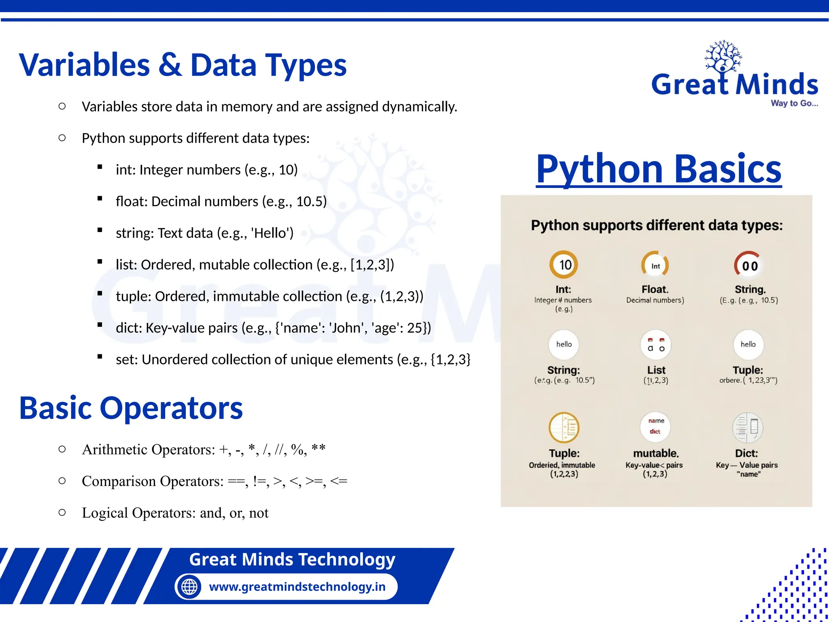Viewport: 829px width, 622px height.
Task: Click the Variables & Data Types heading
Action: coord(183,65)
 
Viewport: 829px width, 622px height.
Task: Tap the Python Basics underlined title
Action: coord(659,169)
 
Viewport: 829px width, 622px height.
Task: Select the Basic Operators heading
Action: coord(131,408)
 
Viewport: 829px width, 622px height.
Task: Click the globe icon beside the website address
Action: coord(189,586)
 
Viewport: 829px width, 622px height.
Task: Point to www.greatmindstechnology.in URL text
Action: coord(297,586)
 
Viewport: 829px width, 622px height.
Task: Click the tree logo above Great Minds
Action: coord(723,56)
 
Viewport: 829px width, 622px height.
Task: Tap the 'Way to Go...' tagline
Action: coord(794,103)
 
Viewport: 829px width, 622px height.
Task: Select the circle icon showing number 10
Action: coord(563,265)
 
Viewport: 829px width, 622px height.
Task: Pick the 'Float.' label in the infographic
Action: coord(655,289)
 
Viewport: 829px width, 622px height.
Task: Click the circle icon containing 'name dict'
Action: coord(655,426)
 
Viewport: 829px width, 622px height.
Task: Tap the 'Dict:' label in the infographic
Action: coord(746,453)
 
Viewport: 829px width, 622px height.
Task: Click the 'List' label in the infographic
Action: coord(656,370)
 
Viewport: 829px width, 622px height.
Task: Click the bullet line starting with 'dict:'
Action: coord(273,328)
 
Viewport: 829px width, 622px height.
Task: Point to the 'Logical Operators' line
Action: coord(175,513)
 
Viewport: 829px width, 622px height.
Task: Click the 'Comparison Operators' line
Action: coord(215,481)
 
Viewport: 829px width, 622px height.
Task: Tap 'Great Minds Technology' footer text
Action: coord(292,559)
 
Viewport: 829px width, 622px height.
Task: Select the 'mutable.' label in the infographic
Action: coord(655,453)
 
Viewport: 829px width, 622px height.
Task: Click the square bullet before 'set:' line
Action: coord(100,357)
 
